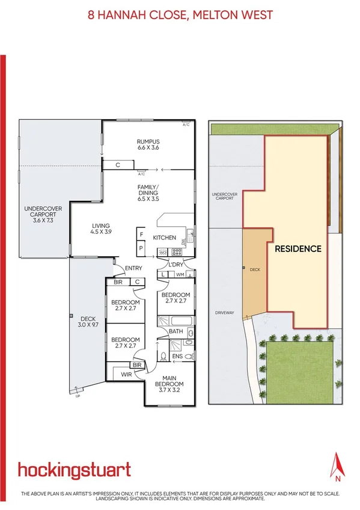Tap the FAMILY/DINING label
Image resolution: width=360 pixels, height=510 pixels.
coord(147,192)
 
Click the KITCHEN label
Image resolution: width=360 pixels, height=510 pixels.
coord(164,238)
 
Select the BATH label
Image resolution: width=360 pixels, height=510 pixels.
coord(175,331)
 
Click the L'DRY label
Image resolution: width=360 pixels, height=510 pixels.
coord(176,265)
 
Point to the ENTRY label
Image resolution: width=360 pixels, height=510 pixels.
coord(133,268)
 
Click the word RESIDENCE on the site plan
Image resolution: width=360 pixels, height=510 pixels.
coord(298,248)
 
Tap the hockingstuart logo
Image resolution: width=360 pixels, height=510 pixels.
coord(74,470)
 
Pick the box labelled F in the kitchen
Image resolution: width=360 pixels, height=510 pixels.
coord(141,234)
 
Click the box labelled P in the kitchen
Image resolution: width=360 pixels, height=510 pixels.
coord(141,247)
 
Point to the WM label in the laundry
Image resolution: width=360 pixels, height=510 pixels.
coord(180,275)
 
